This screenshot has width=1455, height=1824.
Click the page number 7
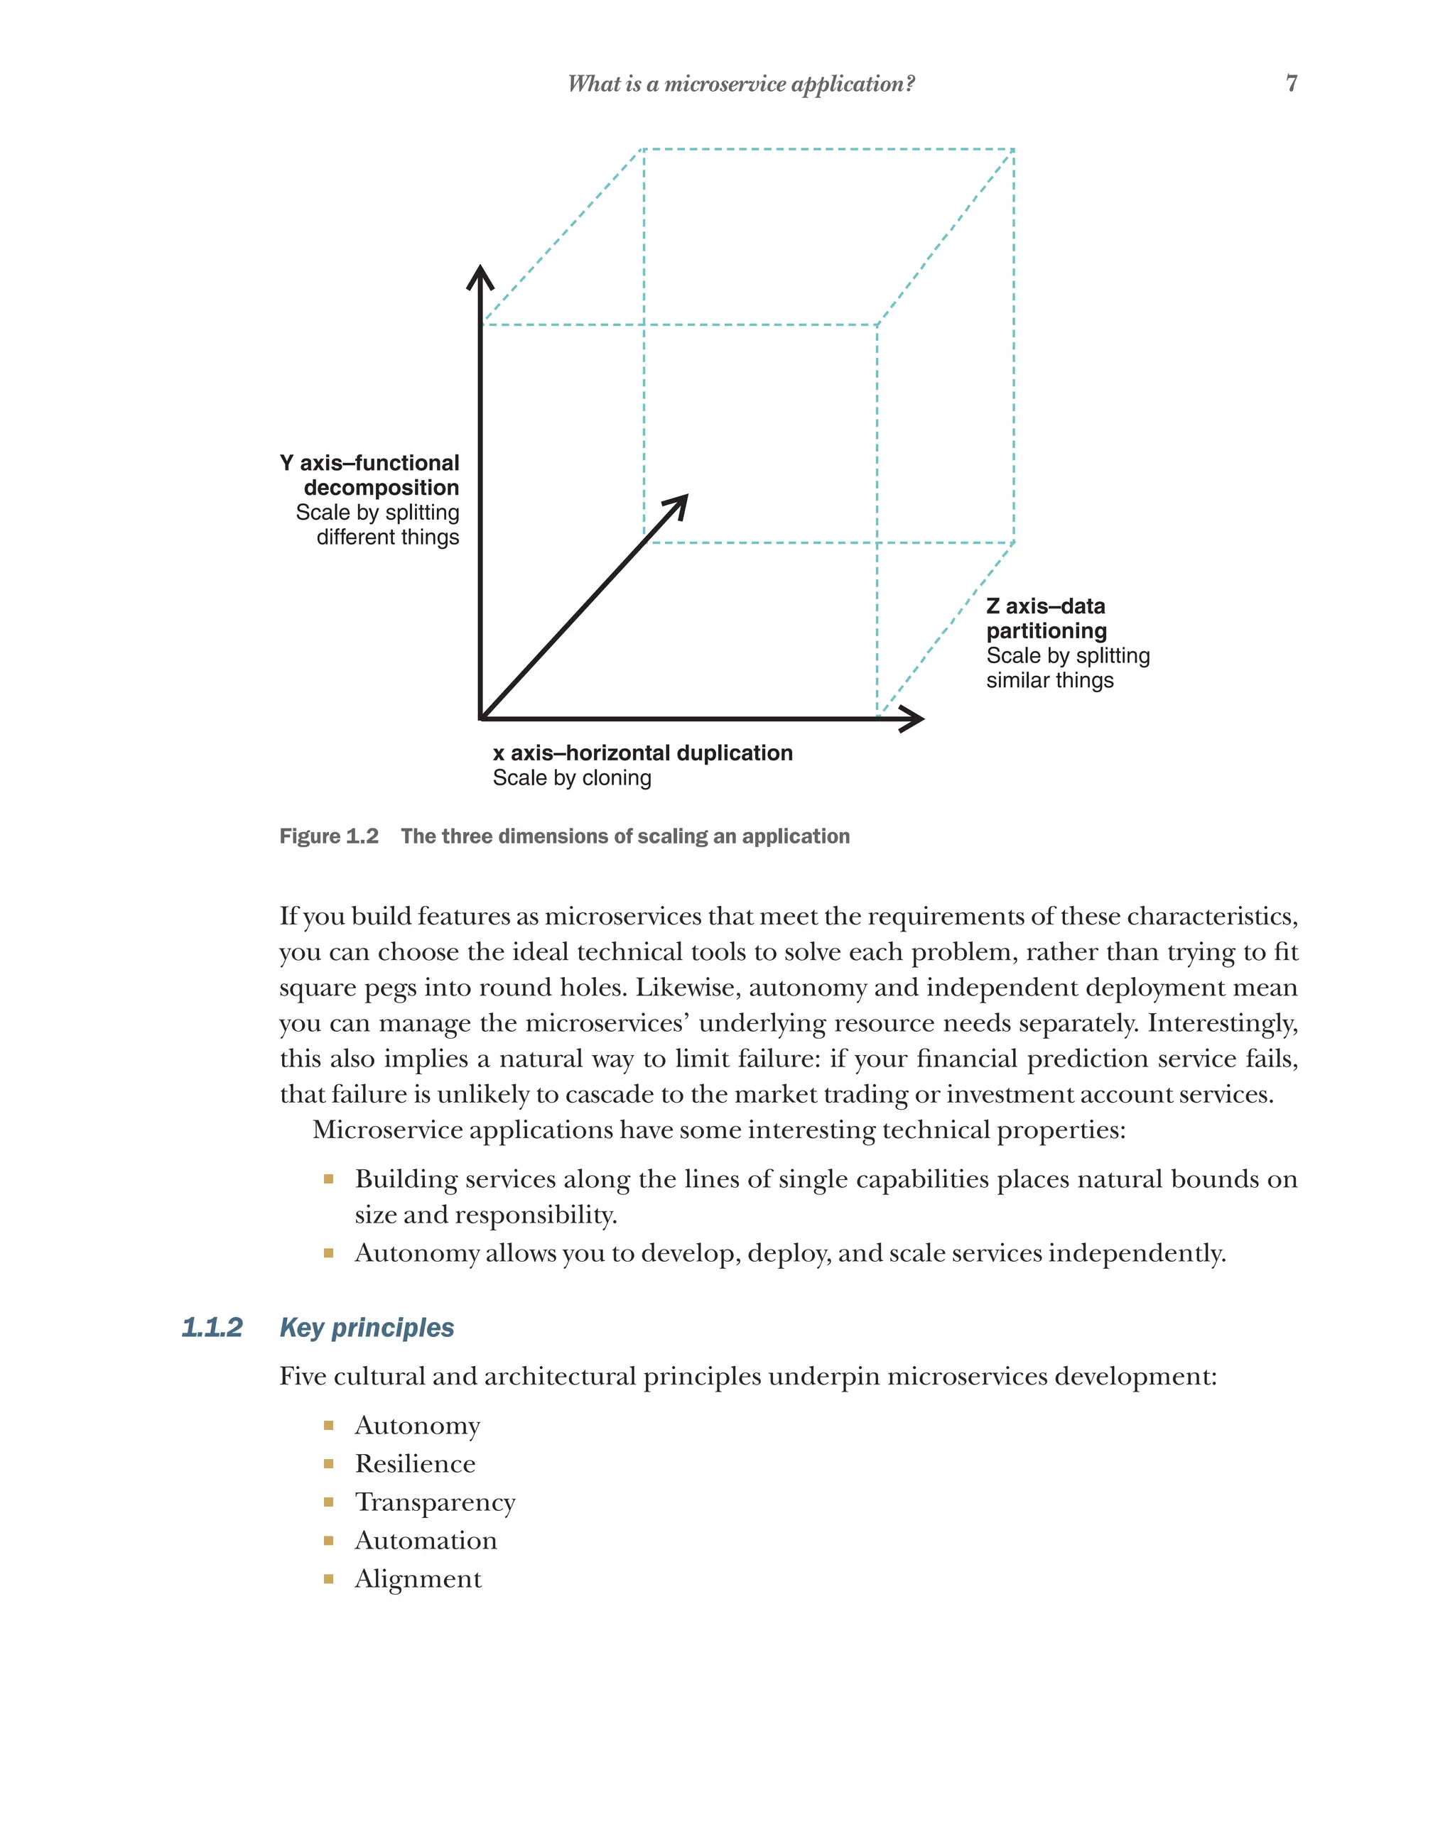click(x=1291, y=83)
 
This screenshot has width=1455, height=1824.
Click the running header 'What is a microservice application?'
click(x=740, y=84)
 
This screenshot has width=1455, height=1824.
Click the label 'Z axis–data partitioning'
click(x=1046, y=618)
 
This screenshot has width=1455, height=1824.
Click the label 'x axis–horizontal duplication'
click(x=642, y=753)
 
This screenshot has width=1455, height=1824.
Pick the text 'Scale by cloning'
click(x=572, y=778)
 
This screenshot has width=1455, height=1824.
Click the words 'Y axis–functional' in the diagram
click(x=370, y=463)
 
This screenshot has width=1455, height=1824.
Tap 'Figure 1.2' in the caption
click(x=328, y=836)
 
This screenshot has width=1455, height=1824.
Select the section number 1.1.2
click(x=212, y=1328)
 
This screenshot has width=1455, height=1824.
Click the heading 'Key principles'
click(x=367, y=1328)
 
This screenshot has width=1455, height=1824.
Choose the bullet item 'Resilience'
click(x=415, y=1463)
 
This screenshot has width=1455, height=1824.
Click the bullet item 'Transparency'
click(x=435, y=1502)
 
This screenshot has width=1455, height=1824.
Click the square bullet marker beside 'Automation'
click(x=328, y=1541)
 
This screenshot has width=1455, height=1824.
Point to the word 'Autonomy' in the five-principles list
click(x=417, y=1426)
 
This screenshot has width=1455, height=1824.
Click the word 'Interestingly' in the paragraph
click(x=1221, y=1023)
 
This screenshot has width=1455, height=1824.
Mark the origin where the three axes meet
click(x=481, y=719)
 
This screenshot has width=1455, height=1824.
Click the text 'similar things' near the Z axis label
click(x=1049, y=681)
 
